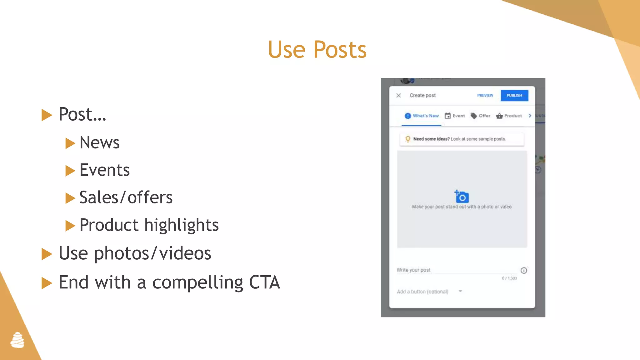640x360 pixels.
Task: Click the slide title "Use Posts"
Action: [x=317, y=50]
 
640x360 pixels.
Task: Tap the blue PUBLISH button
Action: [x=514, y=95]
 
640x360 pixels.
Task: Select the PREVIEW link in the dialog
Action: [x=485, y=95]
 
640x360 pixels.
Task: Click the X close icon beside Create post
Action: [x=398, y=95]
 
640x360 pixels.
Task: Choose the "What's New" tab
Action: [x=422, y=116]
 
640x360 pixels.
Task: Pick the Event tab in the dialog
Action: [x=455, y=116]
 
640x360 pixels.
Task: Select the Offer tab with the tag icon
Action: [x=481, y=116]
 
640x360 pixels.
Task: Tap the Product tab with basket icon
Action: [x=509, y=116]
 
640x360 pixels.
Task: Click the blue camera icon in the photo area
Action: [x=462, y=197]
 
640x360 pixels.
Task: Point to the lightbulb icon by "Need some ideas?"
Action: [x=408, y=139]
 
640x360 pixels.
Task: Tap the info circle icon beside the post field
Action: [x=524, y=270]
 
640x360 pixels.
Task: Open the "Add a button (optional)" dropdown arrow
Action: [x=460, y=291]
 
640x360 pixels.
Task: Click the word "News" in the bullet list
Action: [x=99, y=143]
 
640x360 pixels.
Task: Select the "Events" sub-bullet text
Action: [x=104, y=170]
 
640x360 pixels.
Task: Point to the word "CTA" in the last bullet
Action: [x=264, y=282]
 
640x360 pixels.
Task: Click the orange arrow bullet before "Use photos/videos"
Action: [x=47, y=254]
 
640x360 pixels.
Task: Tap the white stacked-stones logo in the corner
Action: [x=17, y=340]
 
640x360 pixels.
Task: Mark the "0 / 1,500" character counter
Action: [x=509, y=278]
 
